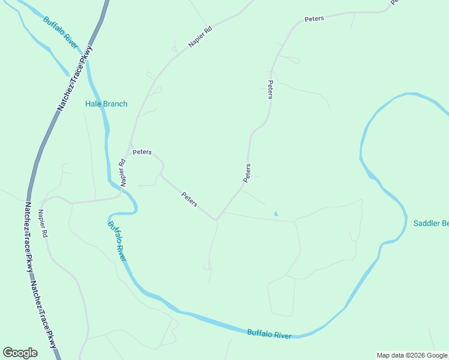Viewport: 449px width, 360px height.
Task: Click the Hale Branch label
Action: (106, 104)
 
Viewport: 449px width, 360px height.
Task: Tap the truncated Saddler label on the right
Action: (431, 224)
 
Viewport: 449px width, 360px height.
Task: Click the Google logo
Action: (20, 353)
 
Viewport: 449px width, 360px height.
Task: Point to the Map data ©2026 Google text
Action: (412, 355)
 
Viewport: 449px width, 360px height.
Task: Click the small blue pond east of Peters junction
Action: (276, 213)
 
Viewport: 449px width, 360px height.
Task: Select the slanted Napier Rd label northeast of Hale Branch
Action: (200, 37)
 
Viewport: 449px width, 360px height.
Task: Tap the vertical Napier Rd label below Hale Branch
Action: (122, 172)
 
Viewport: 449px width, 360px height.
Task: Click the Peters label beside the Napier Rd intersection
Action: (142, 152)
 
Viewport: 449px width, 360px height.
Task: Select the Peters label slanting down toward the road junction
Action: (190, 199)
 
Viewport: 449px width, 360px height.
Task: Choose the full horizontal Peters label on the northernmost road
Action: (314, 19)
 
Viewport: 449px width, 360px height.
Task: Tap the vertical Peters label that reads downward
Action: (270, 89)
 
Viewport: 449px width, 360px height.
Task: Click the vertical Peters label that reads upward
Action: (247, 173)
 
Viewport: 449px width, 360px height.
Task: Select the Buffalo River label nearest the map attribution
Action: (270, 334)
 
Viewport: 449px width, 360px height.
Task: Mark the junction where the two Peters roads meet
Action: (217, 220)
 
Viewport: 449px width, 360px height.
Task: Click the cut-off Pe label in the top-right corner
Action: (394, 2)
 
